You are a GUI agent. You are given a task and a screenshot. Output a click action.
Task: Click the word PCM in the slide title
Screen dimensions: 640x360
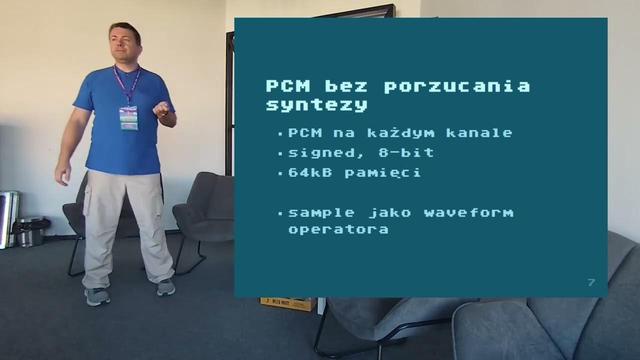click(288, 86)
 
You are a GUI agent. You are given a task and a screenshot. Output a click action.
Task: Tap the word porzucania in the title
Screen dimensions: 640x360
click(457, 87)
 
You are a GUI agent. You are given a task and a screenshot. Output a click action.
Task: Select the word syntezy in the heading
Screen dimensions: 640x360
click(317, 105)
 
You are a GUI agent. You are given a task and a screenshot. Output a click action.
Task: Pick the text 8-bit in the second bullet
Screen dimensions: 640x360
click(407, 153)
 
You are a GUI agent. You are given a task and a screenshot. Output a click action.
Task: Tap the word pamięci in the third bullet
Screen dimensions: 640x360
click(382, 173)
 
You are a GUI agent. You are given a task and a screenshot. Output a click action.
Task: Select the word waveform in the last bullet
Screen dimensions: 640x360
click(469, 213)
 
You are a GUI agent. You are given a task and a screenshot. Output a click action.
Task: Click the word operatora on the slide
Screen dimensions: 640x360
click(338, 230)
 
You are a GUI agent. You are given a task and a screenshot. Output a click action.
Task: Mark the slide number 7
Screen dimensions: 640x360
click(591, 282)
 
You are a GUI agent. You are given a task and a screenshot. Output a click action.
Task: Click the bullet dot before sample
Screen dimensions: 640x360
click(280, 213)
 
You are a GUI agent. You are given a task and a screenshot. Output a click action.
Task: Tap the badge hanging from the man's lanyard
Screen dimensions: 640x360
click(129, 118)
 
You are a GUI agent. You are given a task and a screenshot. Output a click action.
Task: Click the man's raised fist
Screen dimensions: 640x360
click(162, 109)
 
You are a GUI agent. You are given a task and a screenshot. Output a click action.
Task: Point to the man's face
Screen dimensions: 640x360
click(124, 44)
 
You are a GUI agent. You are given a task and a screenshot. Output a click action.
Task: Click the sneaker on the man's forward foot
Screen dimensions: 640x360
click(97, 296)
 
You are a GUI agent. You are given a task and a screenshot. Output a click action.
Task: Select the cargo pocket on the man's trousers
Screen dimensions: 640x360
click(87, 200)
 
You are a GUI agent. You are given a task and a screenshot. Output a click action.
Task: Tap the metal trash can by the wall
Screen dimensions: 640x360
click(31, 232)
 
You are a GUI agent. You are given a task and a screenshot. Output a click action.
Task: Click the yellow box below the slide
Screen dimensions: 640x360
click(288, 304)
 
